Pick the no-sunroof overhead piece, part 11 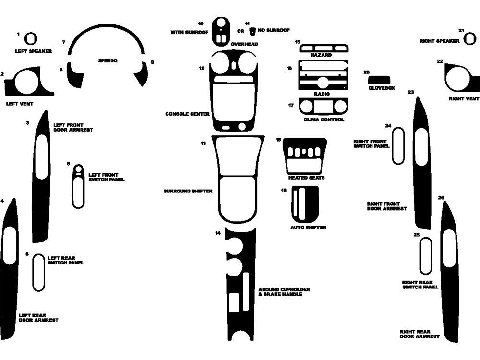click(x=252, y=31)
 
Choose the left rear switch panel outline click(x=38, y=273)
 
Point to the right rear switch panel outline click(x=425, y=255)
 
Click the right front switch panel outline click(x=398, y=146)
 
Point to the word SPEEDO click(x=108, y=61)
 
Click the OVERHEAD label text click(x=244, y=44)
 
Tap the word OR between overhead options click(x=241, y=31)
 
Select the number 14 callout click(x=218, y=233)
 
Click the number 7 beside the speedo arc click(x=63, y=42)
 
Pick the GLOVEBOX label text click(x=382, y=88)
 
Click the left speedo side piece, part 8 click(x=74, y=76)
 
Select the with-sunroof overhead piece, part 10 click(x=222, y=31)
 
